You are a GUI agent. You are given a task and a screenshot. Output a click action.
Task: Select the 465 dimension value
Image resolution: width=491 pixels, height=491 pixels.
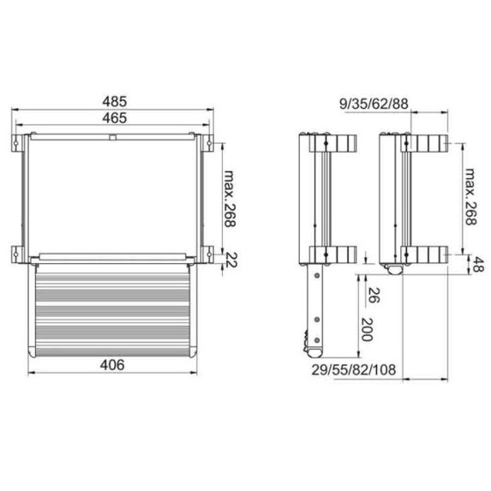tap(114, 119)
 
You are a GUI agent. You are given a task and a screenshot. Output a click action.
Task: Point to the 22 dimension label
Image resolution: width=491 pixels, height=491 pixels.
tap(230, 260)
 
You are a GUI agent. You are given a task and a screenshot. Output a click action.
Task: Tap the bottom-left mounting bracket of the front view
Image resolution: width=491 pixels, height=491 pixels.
tap(20, 252)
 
